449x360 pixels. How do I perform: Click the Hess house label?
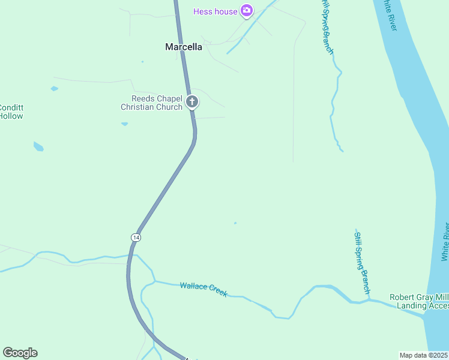click(215, 11)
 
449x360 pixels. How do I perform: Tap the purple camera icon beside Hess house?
click(246, 11)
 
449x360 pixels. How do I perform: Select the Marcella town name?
click(184, 47)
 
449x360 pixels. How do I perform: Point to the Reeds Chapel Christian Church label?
click(151, 103)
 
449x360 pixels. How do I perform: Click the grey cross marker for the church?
click(192, 101)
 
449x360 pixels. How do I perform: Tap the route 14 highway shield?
click(136, 238)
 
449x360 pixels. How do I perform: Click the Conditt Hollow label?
click(11, 112)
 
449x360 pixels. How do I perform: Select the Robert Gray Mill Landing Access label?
click(418, 301)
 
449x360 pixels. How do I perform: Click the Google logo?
click(20, 353)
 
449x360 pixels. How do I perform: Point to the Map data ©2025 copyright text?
click(424, 355)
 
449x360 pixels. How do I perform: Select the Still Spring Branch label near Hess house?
click(326, 27)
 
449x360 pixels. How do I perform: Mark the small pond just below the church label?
click(124, 124)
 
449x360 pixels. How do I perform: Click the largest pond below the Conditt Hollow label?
click(38, 146)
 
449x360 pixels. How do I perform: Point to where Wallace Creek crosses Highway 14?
click(128, 258)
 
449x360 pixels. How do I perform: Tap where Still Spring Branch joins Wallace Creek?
click(369, 299)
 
